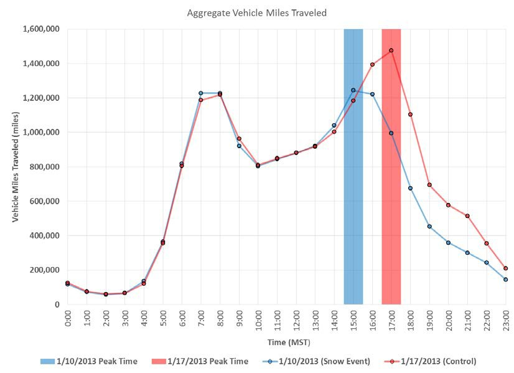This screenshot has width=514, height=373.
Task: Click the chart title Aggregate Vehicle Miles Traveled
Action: point(256,12)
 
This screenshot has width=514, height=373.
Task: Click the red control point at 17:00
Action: point(391,50)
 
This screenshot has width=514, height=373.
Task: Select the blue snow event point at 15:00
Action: point(353,90)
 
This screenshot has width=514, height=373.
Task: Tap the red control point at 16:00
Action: point(372,64)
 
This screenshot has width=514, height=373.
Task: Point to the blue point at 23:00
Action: point(505,280)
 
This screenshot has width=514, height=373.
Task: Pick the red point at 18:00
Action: point(410,114)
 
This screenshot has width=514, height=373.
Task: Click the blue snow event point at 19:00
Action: point(429,226)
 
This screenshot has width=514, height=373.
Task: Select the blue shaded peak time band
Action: point(353,187)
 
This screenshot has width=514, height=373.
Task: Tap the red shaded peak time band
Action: point(391,187)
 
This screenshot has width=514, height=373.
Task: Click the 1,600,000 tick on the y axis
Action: point(40,29)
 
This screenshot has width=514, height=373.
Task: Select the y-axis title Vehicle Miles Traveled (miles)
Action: point(15,167)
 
